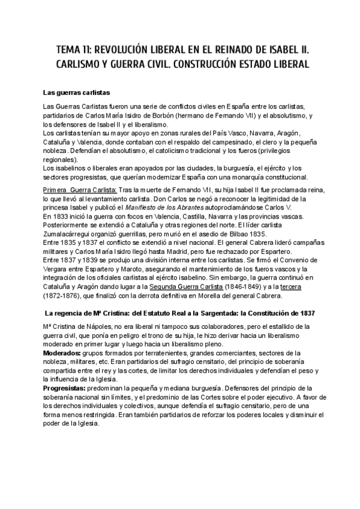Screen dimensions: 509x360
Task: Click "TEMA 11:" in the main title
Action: pyautogui.click(x=76, y=48)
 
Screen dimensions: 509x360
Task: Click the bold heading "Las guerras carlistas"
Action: pyautogui.click(x=76, y=92)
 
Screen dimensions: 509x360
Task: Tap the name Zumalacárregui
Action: pyautogui.click(x=68, y=233)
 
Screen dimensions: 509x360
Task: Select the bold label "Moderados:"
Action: pyautogui.click(x=64, y=353)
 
